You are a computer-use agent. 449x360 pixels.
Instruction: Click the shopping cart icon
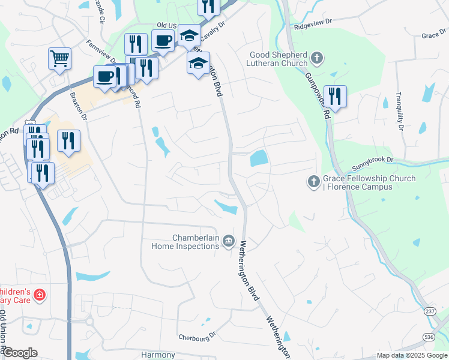coord(59,59)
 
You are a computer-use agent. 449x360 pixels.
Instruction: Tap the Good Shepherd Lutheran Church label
coord(279,59)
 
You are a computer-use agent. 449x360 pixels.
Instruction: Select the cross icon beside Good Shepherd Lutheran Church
coord(317,59)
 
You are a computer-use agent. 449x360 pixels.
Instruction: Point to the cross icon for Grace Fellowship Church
coord(313,182)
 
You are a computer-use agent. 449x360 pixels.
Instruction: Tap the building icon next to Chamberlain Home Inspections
coord(229,241)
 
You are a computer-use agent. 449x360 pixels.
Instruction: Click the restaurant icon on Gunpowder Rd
coord(334,97)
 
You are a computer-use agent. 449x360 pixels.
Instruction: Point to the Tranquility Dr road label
coord(399,111)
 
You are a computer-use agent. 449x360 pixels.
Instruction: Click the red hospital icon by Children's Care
coord(40,295)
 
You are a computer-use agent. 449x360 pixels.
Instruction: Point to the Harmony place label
coord(157,355)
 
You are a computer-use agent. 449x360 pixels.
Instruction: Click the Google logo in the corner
coord(20,353)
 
